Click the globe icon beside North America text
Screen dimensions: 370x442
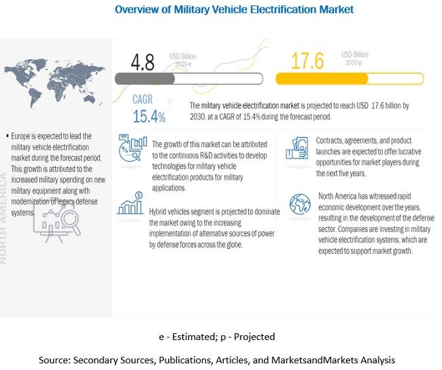pos(299,203)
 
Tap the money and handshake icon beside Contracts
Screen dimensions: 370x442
pos(299,148)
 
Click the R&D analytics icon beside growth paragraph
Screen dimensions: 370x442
pos(132,149)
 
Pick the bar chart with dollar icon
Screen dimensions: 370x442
pos(131,204)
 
